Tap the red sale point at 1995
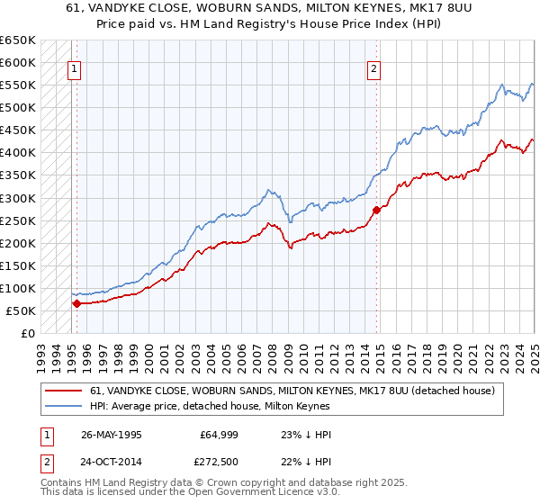click(x=76, y=303)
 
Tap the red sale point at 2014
click(x=377, y=210)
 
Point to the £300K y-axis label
click(x=18, y=198)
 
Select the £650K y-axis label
click(x=18, y=40)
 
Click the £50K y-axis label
click(x=22, y=310)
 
